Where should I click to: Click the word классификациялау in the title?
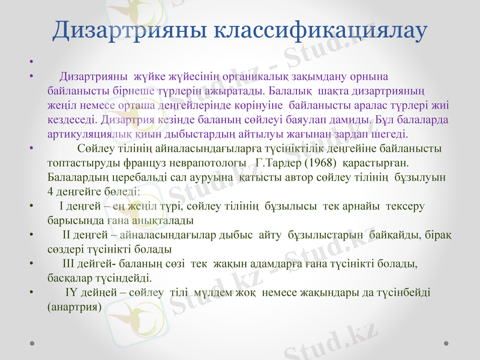point(320,31)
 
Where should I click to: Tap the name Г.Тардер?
point(274,163)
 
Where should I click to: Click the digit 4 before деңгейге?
point(50,192)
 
